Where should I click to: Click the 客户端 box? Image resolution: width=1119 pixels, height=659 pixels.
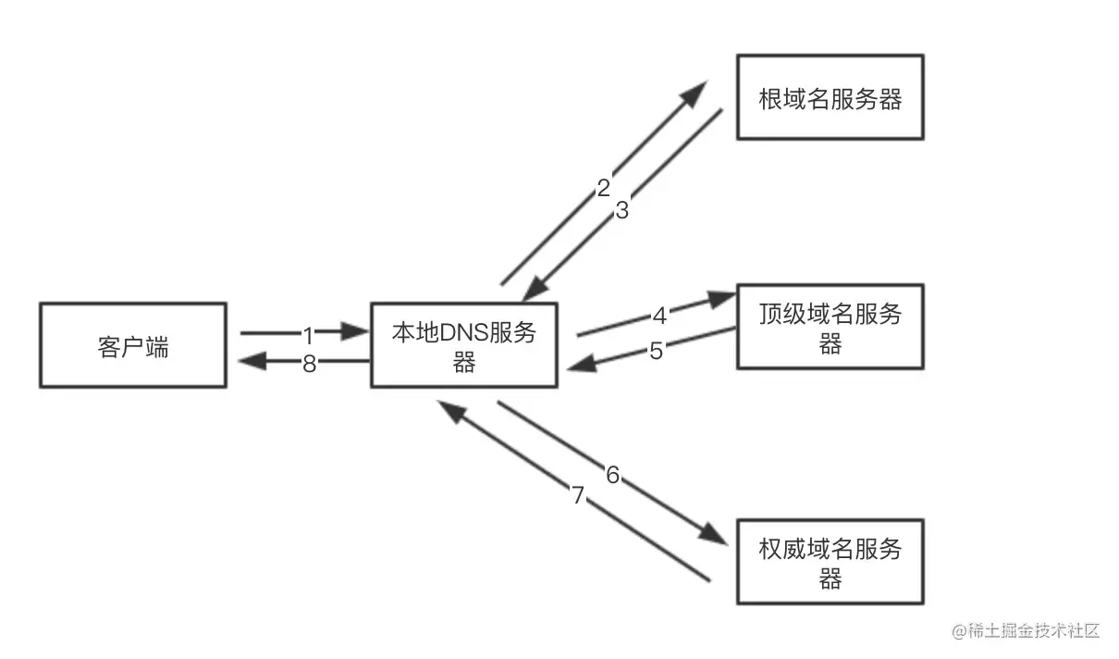pyautogui.click(x=133, y=345)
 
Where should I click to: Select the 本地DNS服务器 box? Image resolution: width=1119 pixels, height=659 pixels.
pyautogui.click(x=463, y=345)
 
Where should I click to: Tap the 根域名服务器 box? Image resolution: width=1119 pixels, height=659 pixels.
pyautogui.click(x=830, y=97)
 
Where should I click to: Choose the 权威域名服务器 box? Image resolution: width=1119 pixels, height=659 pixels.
pyautogui.click(x=830, y=562)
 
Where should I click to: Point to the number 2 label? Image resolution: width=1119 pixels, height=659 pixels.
pyautogui.click(x=603, y=188)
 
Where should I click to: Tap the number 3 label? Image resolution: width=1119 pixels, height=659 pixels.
pyautogui.click(x=621, y=210)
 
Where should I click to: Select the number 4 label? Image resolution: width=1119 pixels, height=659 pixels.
pyautogui.click(x=659, y=316)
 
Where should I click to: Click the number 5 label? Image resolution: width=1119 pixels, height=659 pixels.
pyautogui.click(x=656, y=352)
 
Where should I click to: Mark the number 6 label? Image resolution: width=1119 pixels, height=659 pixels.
pyautogui.click(x=612, y=476)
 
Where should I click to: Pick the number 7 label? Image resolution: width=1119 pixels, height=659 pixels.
pyautogui.click(x=578, y=496)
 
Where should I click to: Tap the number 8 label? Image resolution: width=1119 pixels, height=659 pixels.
pyautogui.click(x=309, y=364)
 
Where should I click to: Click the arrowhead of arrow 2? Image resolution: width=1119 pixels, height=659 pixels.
pyautogui.click(x=695, y=93)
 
